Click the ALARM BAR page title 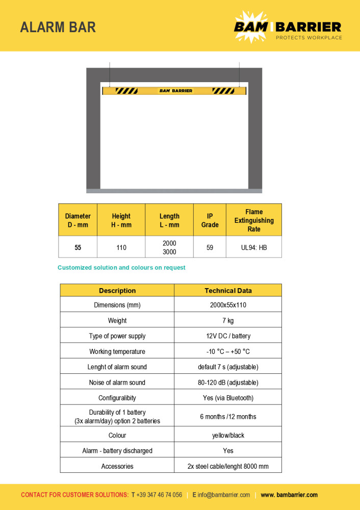click(x=58, y=27)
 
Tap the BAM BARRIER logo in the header click(x=288, y=28)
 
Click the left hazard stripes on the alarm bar click(x=126, y=91)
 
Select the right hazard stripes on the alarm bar click(x=223, y=91)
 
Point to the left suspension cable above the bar click(x=110, y=74)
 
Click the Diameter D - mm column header click(x=78, y=220)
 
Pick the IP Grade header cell click(x=210, y=220)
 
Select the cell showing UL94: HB click(x=254, y=247)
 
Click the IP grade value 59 click(x=210, y=247)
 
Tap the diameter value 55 click(x=78, y=247)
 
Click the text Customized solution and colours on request click(x=121, y=268)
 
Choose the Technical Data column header click(x=228, y=291)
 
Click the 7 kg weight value click(x=228, y=321)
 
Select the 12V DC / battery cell click(x=228, y=336)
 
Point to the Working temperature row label click(x=117, y=351)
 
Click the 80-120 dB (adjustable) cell click(x=228, y=382)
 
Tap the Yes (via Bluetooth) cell click(x=228, y=398)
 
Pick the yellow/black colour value click(x=228, y=436)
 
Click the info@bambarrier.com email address click(x=224, y=495)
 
